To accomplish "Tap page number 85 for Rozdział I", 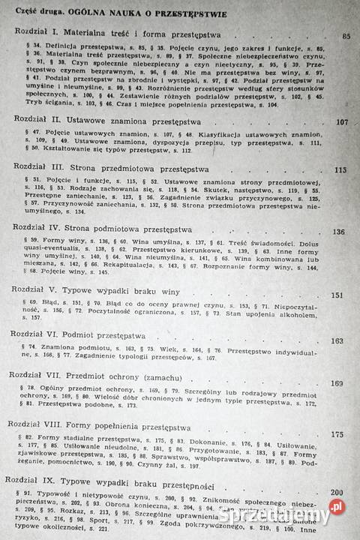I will [x=346, y=36].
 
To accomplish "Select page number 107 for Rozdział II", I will [x=343, y=123].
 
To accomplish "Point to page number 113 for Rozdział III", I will [x=341, y=170].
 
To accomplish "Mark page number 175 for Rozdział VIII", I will [x=337, y=433].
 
